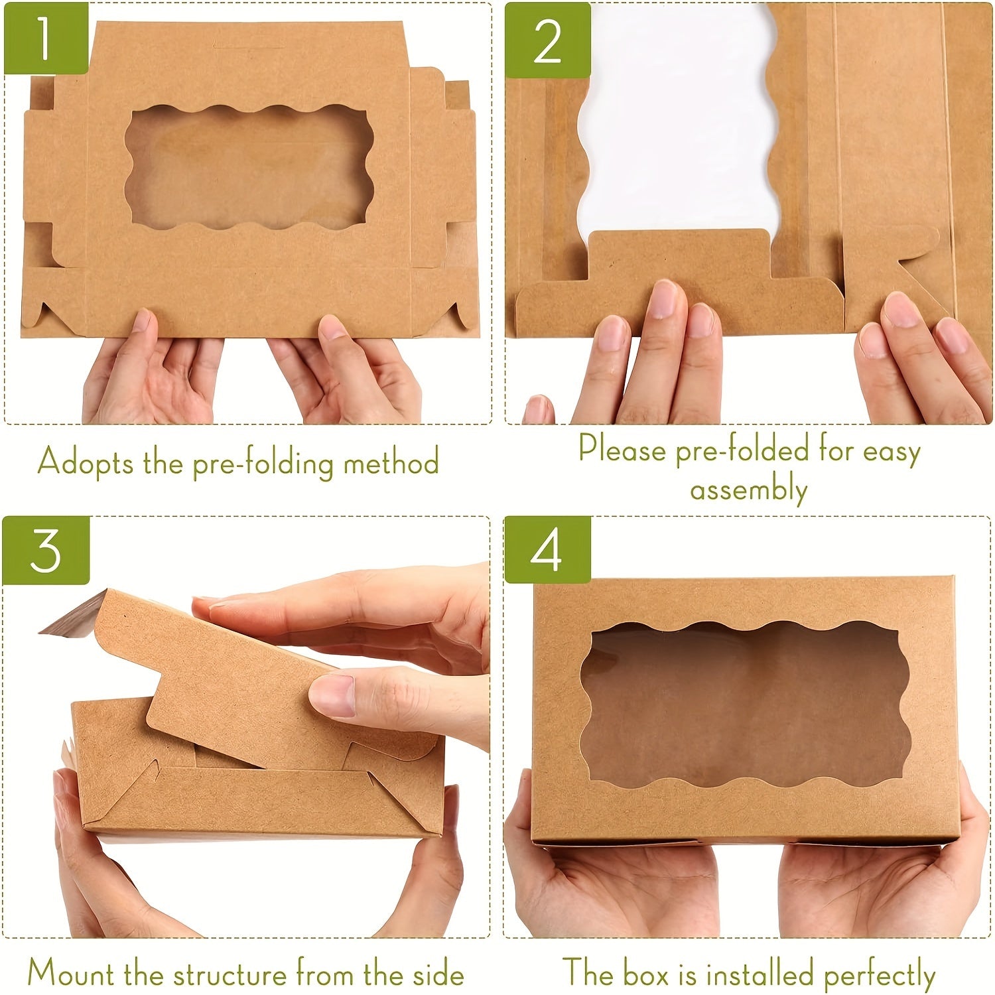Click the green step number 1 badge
(45, 38)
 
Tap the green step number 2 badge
(547, 40)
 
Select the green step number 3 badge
(45, 551)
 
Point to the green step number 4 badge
(547, 551)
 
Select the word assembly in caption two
(748, 491)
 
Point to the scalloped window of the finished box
(746, 703)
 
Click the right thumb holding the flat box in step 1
(335, 335)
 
